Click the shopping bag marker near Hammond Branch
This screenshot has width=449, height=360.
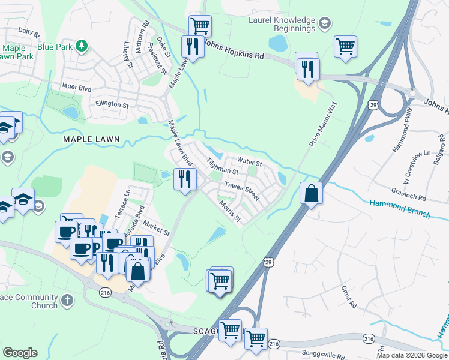pyautogui.click(x=311, y=194)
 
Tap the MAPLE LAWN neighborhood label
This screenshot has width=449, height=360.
pyautogui.click(x=92, y=139)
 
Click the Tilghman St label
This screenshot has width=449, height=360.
pyautogui.click(x=222, y=166)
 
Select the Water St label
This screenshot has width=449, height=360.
pyautogui.click(x=249, y=162)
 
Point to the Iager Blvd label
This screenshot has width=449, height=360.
pyautogui.click(x=76, y=87)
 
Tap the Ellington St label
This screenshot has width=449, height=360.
pyautogui.click(x=112, y=104)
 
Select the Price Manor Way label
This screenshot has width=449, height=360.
pyautogui.click(x=323, y=124)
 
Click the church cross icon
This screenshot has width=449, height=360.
pyautogui.click(x=68, y=299)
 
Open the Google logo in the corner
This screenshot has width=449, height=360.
pyautogui.click(x=20, y=352)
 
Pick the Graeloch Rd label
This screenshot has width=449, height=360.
pyautogui.click(x=409, y=196)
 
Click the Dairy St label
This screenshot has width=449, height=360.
pyautogui.click(x=28, y=29)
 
